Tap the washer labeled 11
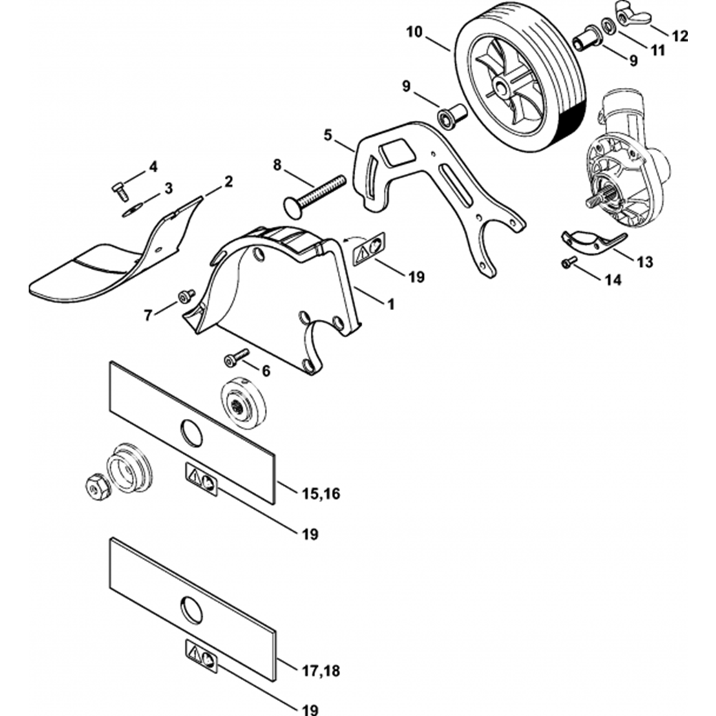click(606, 27)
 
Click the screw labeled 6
click(234, 356)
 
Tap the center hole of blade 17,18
click(192, 611)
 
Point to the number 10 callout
click(415, 32)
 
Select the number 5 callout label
click(329, 135)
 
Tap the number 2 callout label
click(228, 182)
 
